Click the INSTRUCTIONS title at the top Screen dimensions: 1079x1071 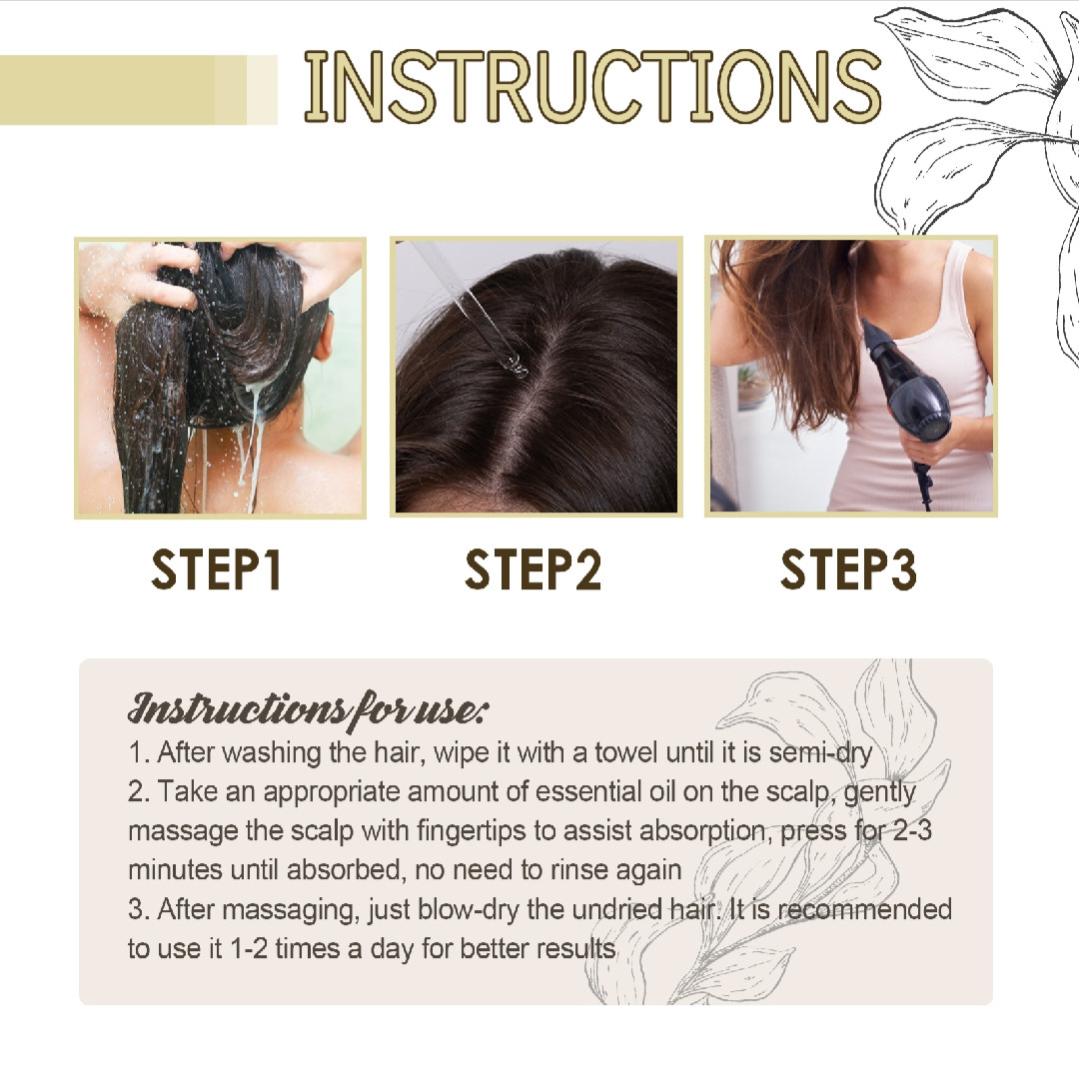click(x=592, y=87)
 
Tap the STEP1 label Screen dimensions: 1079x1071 click(x=216, y=569)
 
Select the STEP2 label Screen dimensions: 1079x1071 click(x=534, y=569)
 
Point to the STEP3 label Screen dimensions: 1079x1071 click(x=848, y=569)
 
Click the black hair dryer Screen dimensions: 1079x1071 click(x=908, y=400)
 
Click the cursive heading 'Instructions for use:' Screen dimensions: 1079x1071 click(x=308, y=709)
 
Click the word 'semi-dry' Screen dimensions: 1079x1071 click(x=820, y=753)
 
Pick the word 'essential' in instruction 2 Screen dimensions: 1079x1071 click(x=588, y=791)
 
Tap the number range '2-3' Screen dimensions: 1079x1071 click(x=912, y=831)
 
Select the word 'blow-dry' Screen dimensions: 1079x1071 click(x=468, y=910)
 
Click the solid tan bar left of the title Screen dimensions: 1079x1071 click(x=123, y=90)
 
